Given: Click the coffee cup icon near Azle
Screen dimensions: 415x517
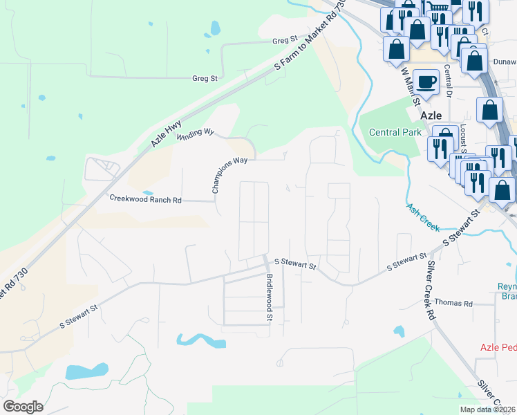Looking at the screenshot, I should (426, 82).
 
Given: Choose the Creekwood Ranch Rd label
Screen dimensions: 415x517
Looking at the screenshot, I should (145, 199).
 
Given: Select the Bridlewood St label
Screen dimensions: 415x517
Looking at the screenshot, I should (270, 297).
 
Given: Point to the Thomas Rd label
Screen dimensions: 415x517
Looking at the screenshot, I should (453, 303).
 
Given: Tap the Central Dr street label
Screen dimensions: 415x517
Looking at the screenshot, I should (448, 82).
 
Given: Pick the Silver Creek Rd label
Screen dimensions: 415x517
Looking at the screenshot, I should (431, 290).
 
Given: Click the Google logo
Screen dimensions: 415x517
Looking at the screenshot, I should (23, 406).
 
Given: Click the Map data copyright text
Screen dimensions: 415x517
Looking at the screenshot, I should (487, 409).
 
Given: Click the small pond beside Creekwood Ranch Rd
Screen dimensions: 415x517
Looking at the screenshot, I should (147, 193).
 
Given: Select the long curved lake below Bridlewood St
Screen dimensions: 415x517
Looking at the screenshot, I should (200, 340).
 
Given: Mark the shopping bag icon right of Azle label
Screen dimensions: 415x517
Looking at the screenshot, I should (489, 111).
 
